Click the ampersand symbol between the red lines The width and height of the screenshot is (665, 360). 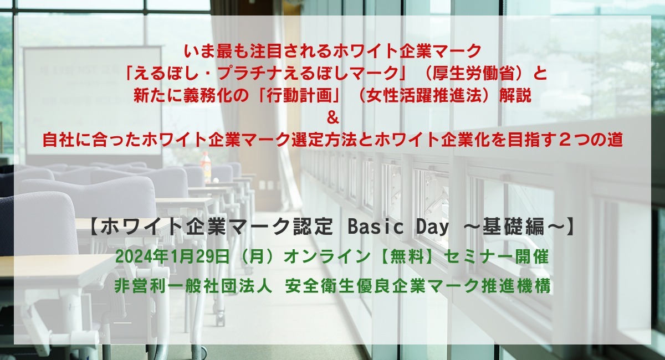[332, 118]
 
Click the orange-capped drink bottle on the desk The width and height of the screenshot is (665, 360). [206, 166]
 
